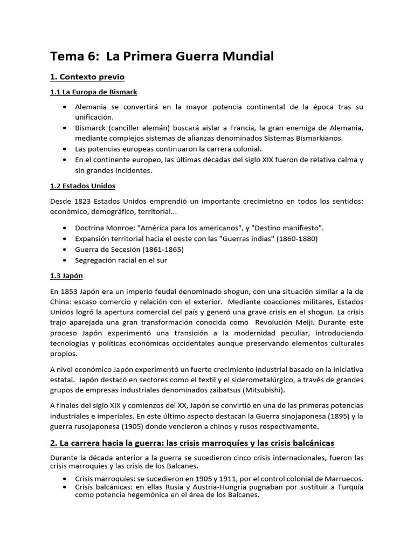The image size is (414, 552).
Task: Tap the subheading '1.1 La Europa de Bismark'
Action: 94,92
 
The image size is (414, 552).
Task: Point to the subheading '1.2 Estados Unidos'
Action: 82,186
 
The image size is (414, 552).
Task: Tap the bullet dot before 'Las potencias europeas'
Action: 65,149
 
